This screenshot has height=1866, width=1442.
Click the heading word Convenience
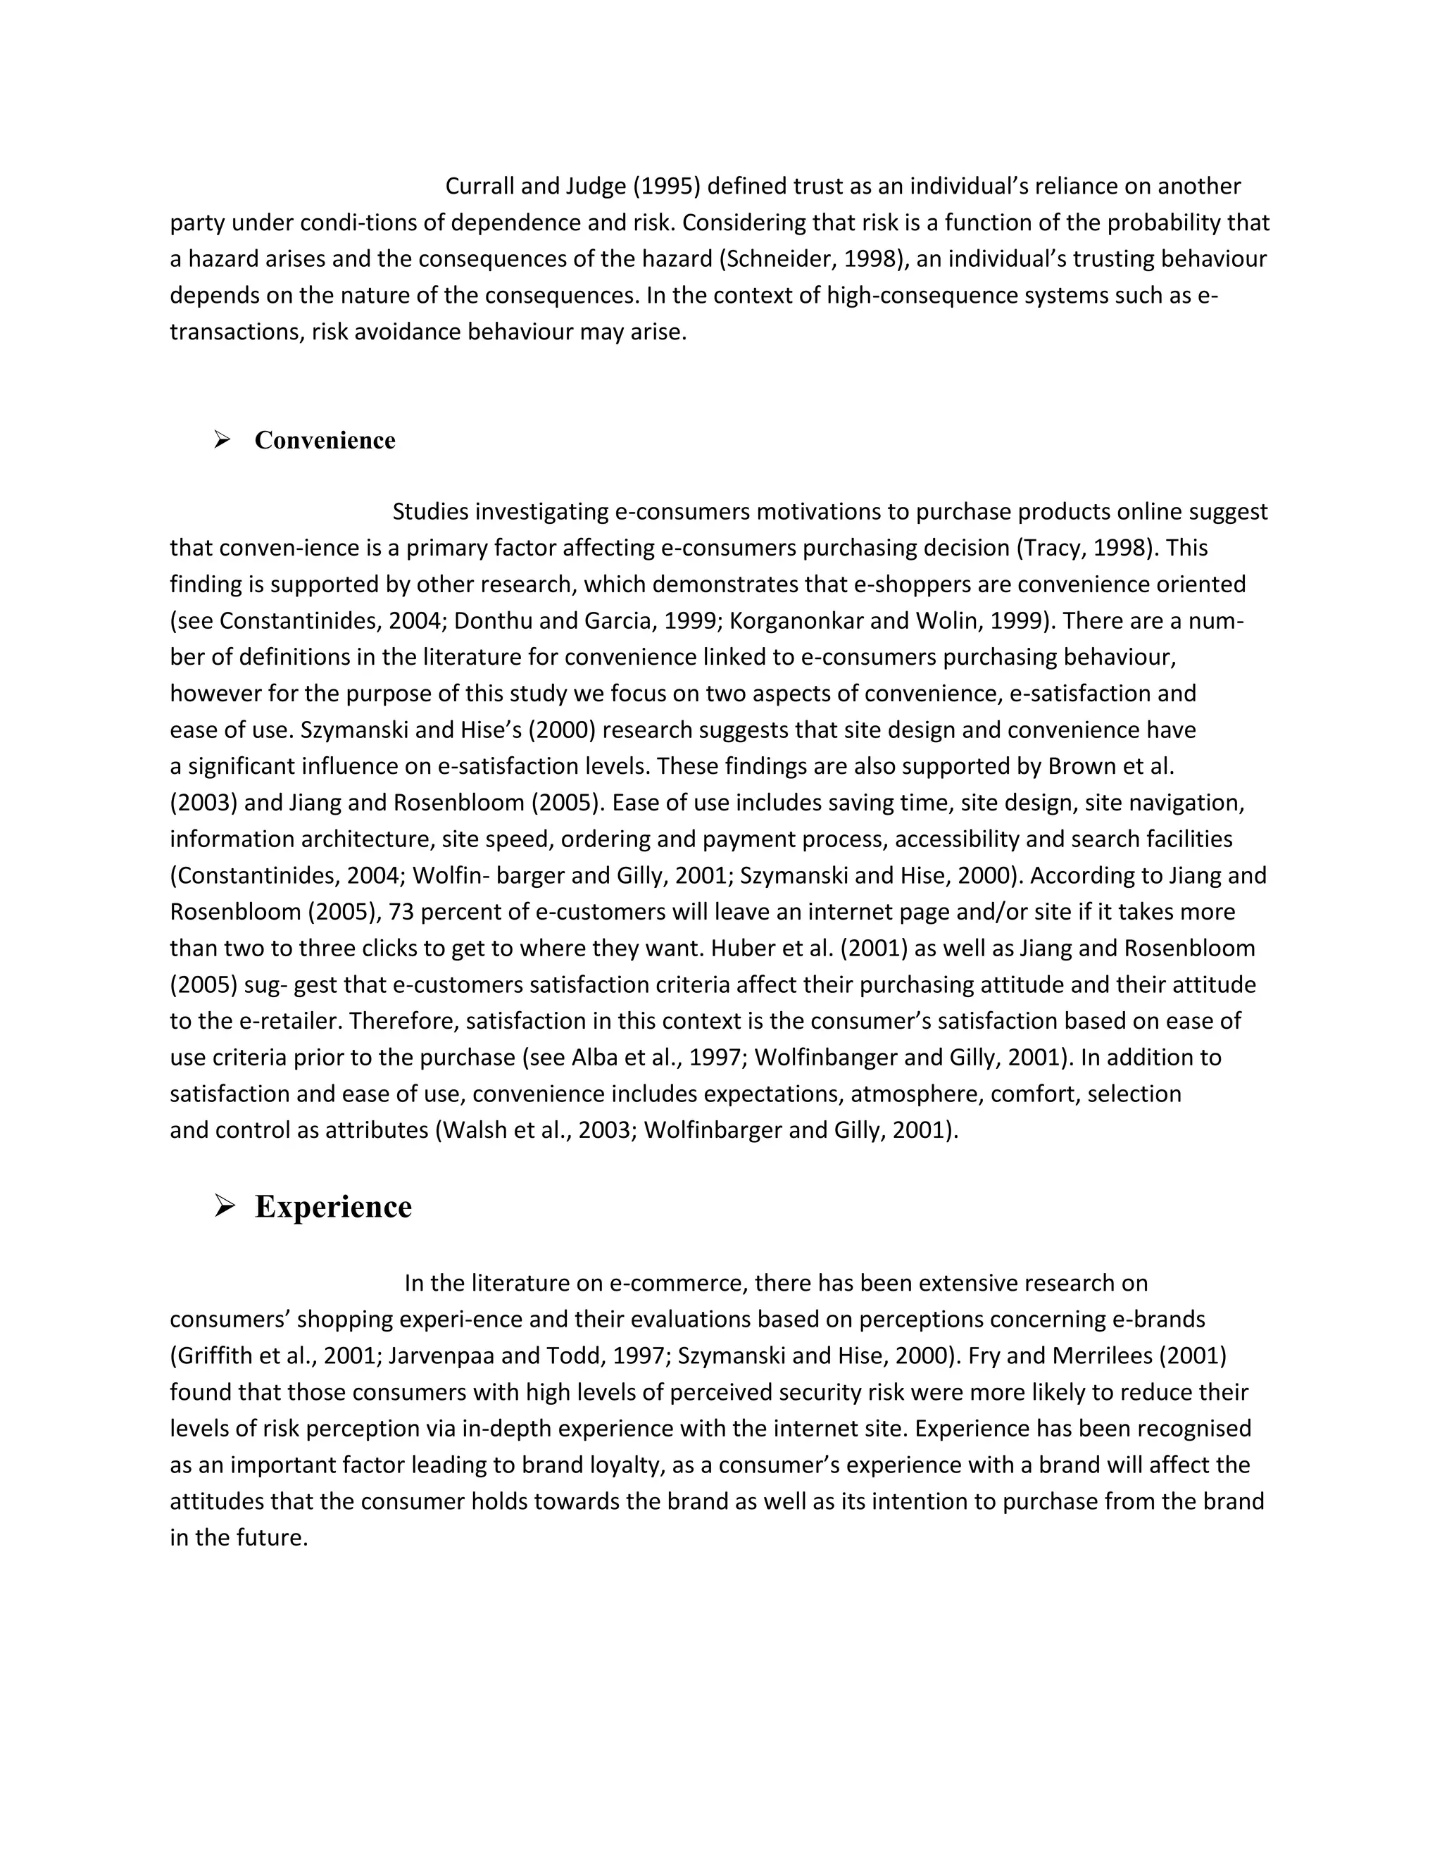pyautogui.click(x=325, y=440)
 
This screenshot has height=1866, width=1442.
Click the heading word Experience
pyautogui.click(x=333, y=1206)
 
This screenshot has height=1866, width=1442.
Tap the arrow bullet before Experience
pyautogui.click(x=224, y=1206)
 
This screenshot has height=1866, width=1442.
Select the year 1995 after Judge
pyautogui.click(x=666, y=187)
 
